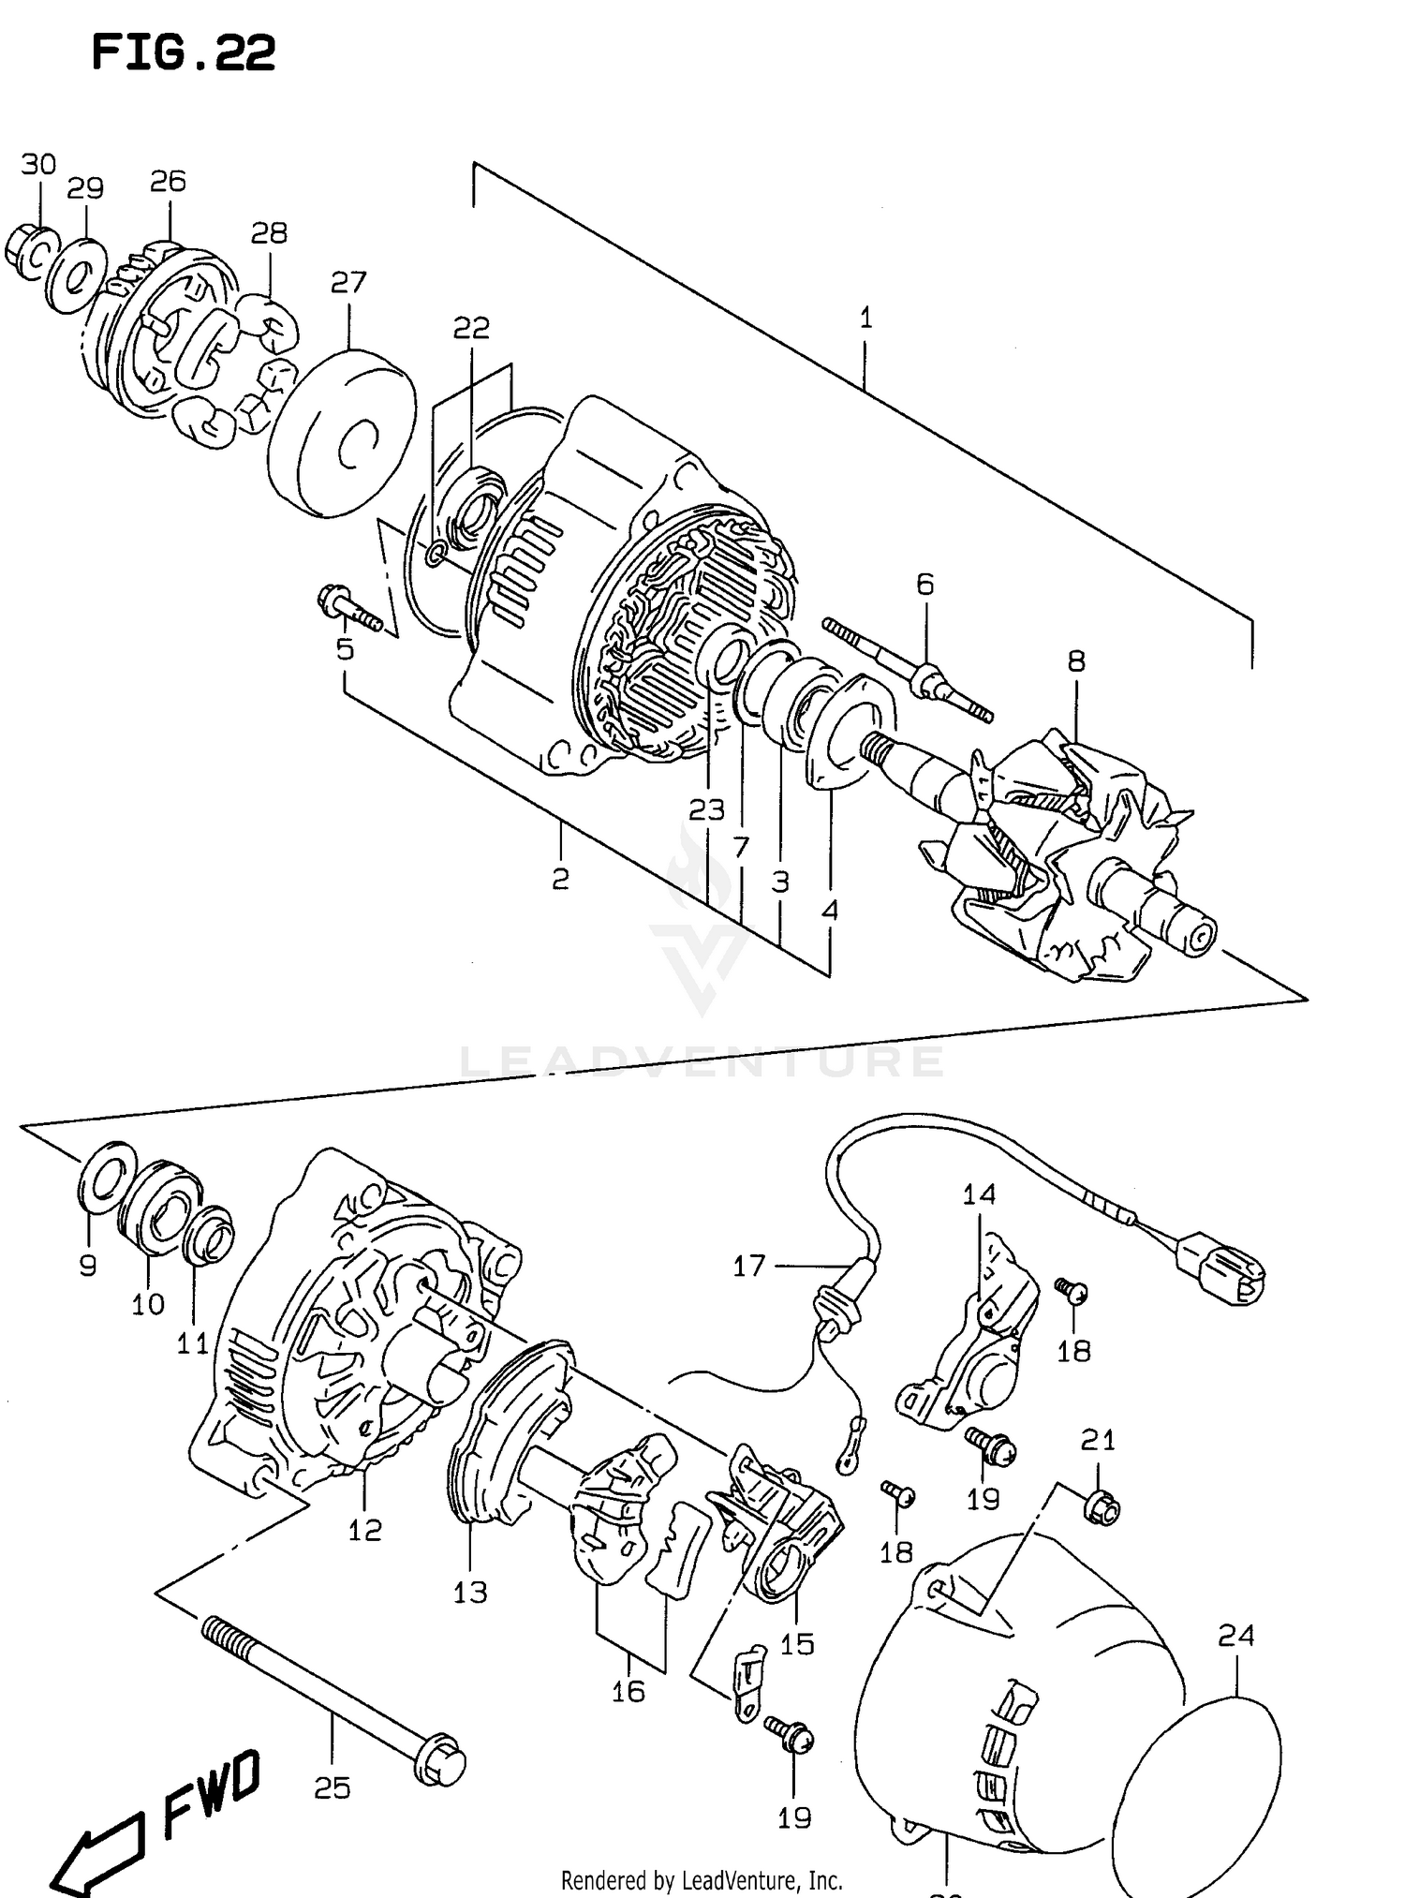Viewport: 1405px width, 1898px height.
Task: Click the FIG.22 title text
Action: tap(184, 53)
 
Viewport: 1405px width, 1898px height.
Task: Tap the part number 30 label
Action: tap(38, 165)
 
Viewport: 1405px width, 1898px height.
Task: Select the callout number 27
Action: tap(348, 282)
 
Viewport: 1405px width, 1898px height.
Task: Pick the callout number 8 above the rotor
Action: tap(1076, 661)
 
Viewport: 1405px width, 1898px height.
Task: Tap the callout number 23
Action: tap(706, 809)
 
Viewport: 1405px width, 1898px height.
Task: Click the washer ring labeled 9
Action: tap(102, 1183)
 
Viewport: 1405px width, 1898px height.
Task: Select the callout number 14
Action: tap(979, 1194)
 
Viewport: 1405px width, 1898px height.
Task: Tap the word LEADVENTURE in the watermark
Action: tap(702, 1061)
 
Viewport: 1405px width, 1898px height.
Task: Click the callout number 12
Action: tap(365, 1529)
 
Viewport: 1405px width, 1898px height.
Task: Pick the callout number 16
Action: tap(629, 1690)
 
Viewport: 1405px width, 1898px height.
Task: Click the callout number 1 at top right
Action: tap(865, 319)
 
